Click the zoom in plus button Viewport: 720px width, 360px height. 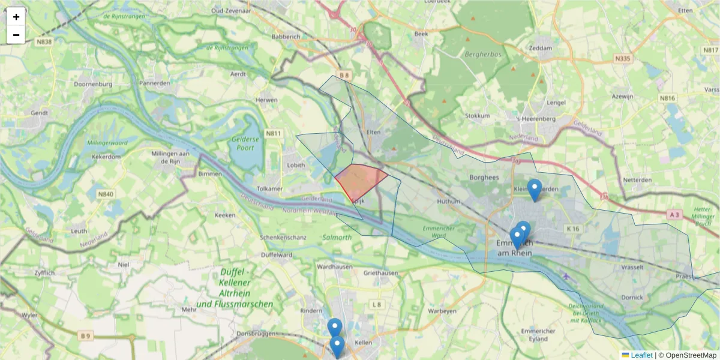click(x=16, y=17)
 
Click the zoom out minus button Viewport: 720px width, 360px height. click(x=16, y=35)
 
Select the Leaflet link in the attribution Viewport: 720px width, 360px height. click(x=641, y=355)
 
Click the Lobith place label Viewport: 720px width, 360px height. click(x=296, y=165)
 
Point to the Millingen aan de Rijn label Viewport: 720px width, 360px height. click(x=171, y=157)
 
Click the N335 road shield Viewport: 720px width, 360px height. click(x=623, y=59)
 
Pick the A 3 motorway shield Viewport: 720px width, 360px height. click(x=674, y=214)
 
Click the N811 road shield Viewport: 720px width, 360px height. click(x=274, y=133)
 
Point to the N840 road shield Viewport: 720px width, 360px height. click(x=105, y=194)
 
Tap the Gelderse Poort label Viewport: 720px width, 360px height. click(x=247, y=143)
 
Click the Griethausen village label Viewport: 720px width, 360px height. click(x=380, y=273)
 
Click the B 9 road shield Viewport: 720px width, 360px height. click(x=86, y=336)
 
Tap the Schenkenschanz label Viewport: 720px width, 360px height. click(x=283, y=238)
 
